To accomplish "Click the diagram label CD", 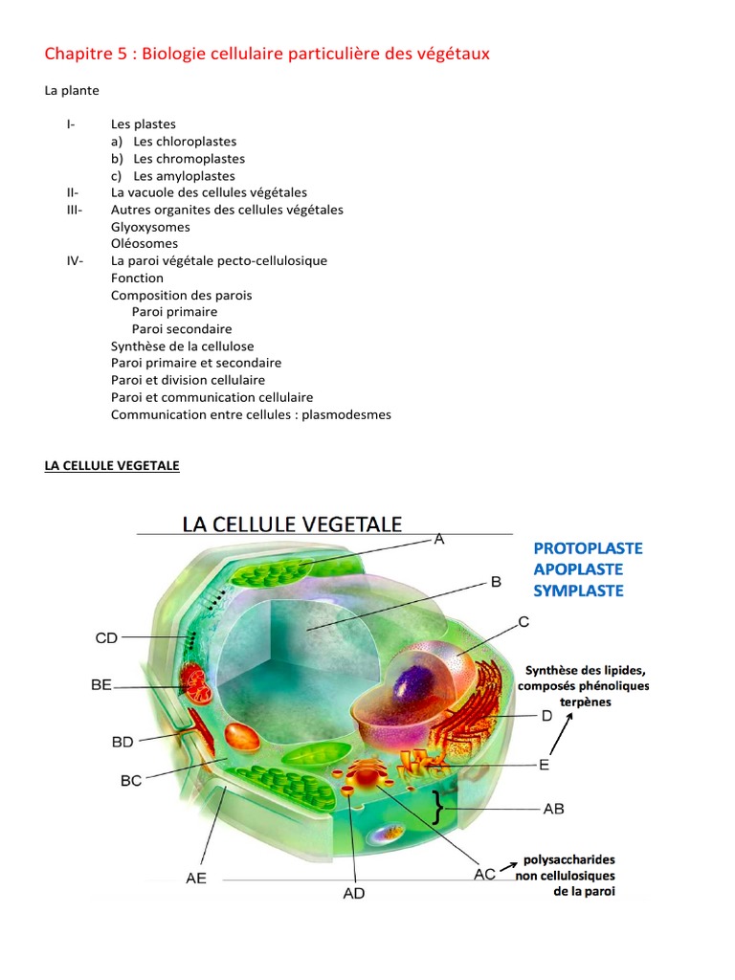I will click(x=106, y=637).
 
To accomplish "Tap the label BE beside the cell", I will click(x=101, y=684).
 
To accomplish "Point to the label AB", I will click(x=553, y=809).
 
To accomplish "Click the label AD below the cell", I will click(x=353, y=894).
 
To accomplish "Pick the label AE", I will click(x=196, y=878).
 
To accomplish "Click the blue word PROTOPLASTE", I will click(x=588, y=548).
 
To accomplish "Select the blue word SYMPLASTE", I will click(x=578, y=590).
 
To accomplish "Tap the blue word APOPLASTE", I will click(x=579, y=569).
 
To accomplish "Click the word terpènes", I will click(x=584, y=702).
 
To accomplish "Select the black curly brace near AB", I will click(x=439, y=807).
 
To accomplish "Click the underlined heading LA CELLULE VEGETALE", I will click(x=112, y=466).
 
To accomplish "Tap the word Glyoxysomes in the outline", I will click(x=150, y=227).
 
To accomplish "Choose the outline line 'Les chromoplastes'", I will click(x=189, y=159).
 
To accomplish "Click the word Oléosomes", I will click(x=145, y=244).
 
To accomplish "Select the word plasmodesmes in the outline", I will click(x=345, y=414).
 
